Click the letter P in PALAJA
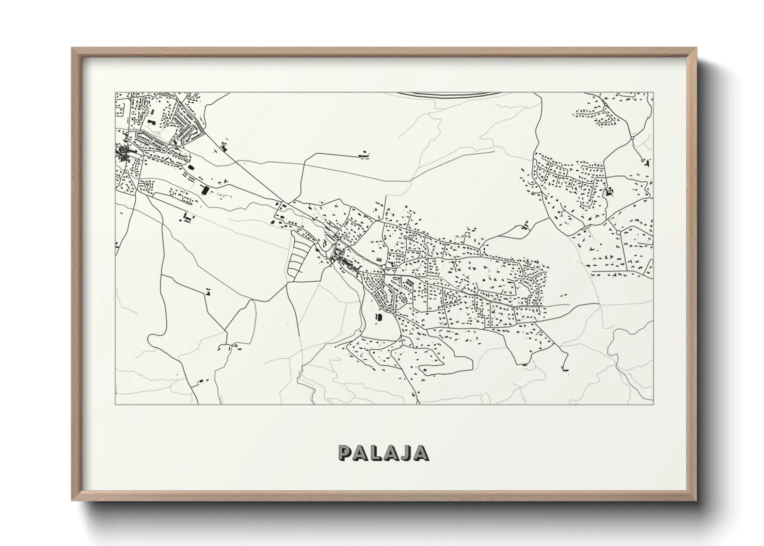pos(345,453)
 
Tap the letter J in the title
pos(405,453)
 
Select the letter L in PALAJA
pos(375,453)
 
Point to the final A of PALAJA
pos(421,453)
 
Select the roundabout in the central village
pos(386,267)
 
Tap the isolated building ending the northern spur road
pos(364,153)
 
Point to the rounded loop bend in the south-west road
pos(152,339)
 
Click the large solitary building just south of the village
pos(379,316)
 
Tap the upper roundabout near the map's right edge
pos(632,138)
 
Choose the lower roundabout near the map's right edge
pos(618,233)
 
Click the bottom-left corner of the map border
pos(116,404)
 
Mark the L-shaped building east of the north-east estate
pos(610,192)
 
